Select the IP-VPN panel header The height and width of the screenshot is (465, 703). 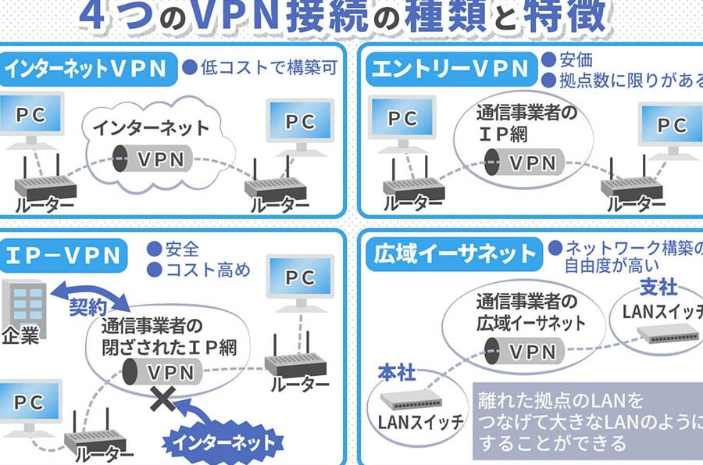pyautogui.click(x=65, y=255)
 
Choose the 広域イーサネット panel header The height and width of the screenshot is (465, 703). pyautogui.click(x=454, y=253)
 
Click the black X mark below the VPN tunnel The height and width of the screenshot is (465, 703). pyautogui.click(x=163, y=400)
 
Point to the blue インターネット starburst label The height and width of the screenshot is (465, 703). pyautogui.click(x=223, y=442)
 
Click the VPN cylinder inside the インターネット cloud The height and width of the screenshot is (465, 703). pyautogui.click(x=153, y=158)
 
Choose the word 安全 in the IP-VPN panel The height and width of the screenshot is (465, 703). pyautogui.click(x=182, y=250)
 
